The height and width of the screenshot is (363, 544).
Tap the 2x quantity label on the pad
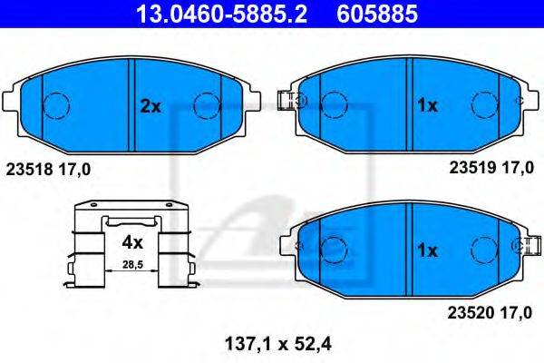pos(150,106)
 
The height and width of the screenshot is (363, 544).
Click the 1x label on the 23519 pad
pos(426,106)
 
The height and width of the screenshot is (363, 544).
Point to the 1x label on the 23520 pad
pos(426,250)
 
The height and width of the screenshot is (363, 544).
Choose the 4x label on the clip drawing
pos(132,242)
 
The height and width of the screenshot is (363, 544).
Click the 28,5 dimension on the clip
pos(132,264)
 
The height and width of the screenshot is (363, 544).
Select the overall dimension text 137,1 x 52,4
pos(272,343)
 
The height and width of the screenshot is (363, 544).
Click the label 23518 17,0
pos(48,168)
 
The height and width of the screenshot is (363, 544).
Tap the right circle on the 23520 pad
pos(484,247)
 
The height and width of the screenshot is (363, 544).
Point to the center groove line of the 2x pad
pos(133,104)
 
